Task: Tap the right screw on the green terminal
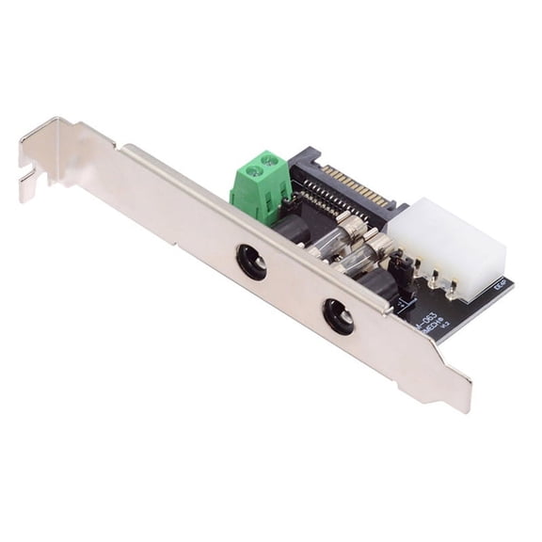tap(272, 162)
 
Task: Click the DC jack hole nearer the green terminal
tap(251, 261)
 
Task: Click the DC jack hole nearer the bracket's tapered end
tap(338, 316)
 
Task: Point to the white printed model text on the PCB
tap(429, 319)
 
